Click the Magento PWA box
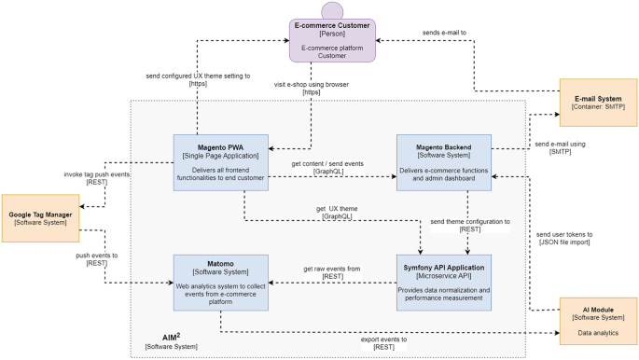click(220, 161)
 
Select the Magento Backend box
click(443, 161)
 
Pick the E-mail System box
click(598, 104)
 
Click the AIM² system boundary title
click(165, 339)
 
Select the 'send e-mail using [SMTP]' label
click(561, 148)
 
